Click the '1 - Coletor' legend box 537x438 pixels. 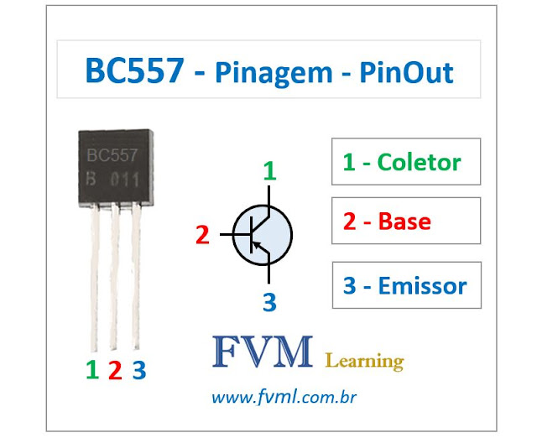[406, 161]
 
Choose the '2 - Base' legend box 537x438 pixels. [406, 222]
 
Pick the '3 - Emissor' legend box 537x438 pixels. [406, 285]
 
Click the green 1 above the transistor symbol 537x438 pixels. [269, 172]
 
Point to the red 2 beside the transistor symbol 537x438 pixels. [201, 236]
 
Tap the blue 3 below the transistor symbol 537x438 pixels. [268, 301]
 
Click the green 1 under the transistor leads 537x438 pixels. [92, 369]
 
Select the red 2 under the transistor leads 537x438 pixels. [115, 369]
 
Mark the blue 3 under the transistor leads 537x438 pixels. [138, 369]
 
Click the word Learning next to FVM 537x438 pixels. [363, 361]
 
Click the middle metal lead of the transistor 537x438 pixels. [115, 277]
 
